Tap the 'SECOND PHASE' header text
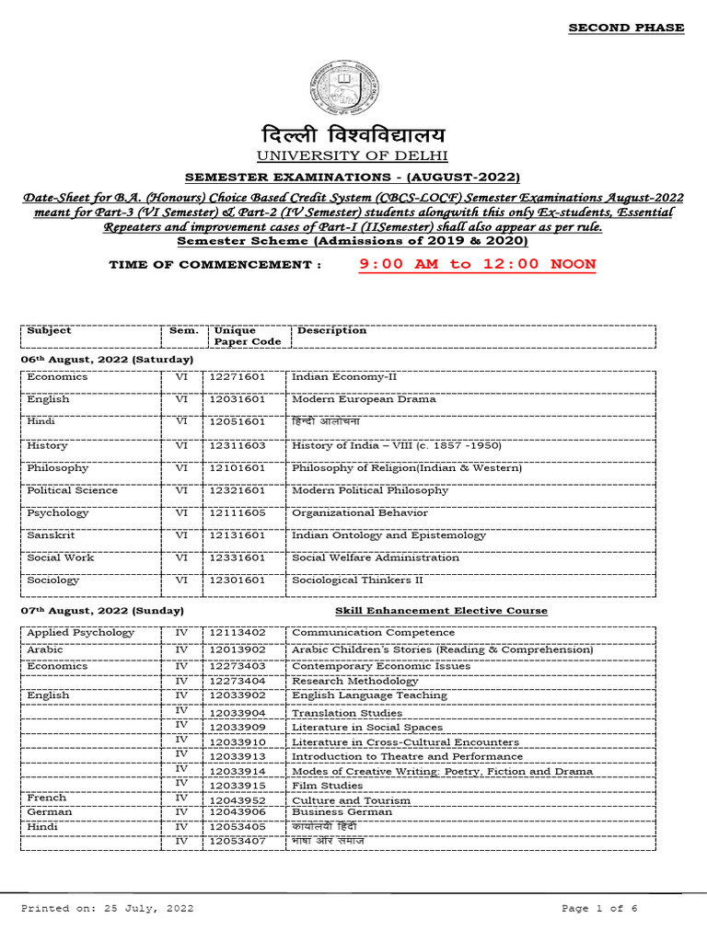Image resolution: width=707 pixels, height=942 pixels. [x=625, y=28]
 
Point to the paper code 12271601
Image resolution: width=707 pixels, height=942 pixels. [x=237, y=377]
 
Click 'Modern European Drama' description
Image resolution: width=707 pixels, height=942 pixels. [x=364, y=399]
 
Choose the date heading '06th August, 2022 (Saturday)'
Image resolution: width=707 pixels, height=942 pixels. [x=107, y=359]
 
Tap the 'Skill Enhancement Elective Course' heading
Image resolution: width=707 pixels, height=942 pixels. [x=441, y=611]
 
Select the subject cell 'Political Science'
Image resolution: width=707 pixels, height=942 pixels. [x=73, y=490]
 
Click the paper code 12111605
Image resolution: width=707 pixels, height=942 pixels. [x=237, y=512]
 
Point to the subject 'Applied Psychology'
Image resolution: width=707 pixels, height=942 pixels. [x=80, y=633]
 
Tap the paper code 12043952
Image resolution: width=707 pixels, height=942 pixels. [x=237, y=800]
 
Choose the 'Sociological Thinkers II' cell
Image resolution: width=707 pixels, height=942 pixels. [x=357, y=580]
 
